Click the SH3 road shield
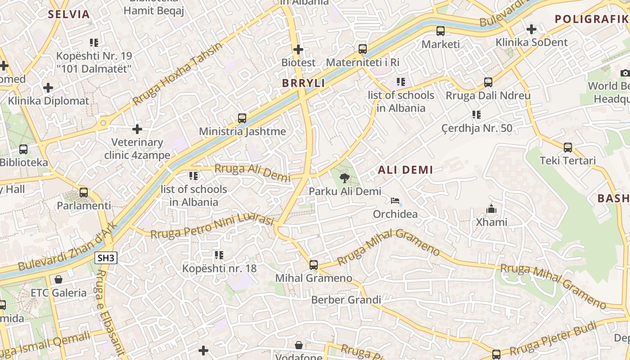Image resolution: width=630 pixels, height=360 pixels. point(106,258)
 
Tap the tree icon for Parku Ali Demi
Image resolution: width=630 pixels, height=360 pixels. point(345,178)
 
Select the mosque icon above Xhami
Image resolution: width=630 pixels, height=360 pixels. point(491,209)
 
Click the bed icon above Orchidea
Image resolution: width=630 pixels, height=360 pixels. point(395,201)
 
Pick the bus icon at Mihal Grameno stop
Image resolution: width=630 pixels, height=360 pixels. point(314,265)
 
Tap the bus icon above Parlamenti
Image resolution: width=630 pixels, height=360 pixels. point(84,193)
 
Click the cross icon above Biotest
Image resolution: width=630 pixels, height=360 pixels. point(298,49)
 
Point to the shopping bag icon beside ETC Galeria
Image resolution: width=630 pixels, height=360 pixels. point(58,279)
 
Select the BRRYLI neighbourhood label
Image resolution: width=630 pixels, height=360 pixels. point(303,83)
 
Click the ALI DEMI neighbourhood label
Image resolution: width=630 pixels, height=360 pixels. point(405,170)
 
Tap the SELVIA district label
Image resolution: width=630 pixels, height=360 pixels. point(69,14)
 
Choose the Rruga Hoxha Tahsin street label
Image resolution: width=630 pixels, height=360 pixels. point(178,74)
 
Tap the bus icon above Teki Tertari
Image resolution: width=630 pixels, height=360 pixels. point(568,147)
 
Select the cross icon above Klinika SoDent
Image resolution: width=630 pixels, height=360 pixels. point(531,30)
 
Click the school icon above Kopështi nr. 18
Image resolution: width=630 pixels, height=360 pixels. point(219,255)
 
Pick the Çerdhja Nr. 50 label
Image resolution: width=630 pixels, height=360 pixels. point(477,128)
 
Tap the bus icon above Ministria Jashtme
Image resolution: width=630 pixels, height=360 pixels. point(242,118)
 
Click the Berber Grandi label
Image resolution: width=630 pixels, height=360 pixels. point(346,300)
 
